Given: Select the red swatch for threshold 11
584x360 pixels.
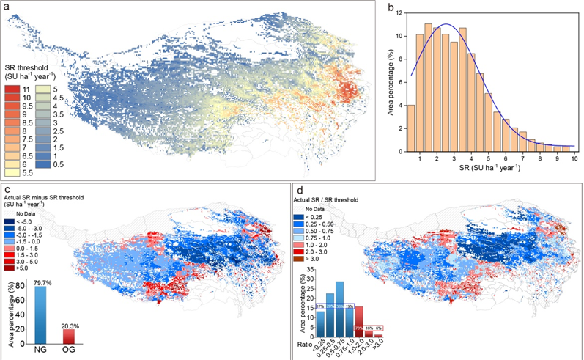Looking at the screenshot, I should (12, 89).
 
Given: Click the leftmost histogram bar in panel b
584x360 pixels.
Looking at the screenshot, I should (410, 128).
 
